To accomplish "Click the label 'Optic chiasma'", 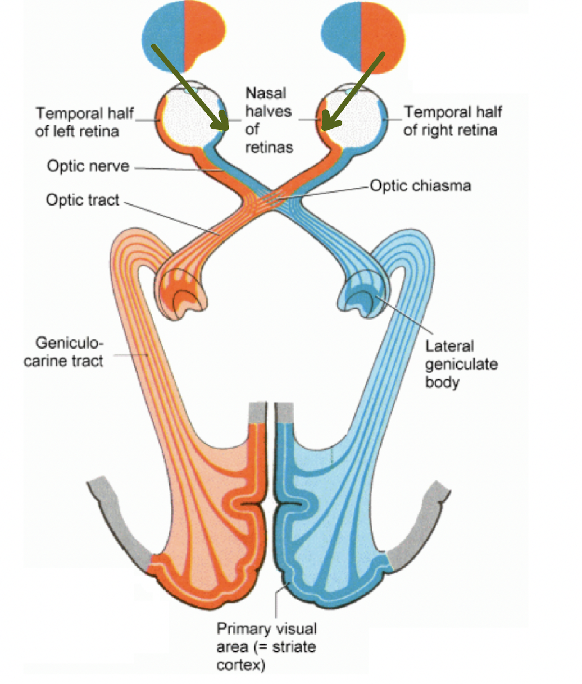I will tap(420, 186).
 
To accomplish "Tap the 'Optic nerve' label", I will tap(88, 166).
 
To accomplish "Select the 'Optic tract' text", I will tap(83, 200).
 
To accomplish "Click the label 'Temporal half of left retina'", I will tap(84, 122).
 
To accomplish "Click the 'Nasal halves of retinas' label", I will tap(269, 120).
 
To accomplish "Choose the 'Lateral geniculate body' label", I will tap(461, 364).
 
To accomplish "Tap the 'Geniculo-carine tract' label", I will tap(63, 352).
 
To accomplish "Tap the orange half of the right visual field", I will tap(382, 34).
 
